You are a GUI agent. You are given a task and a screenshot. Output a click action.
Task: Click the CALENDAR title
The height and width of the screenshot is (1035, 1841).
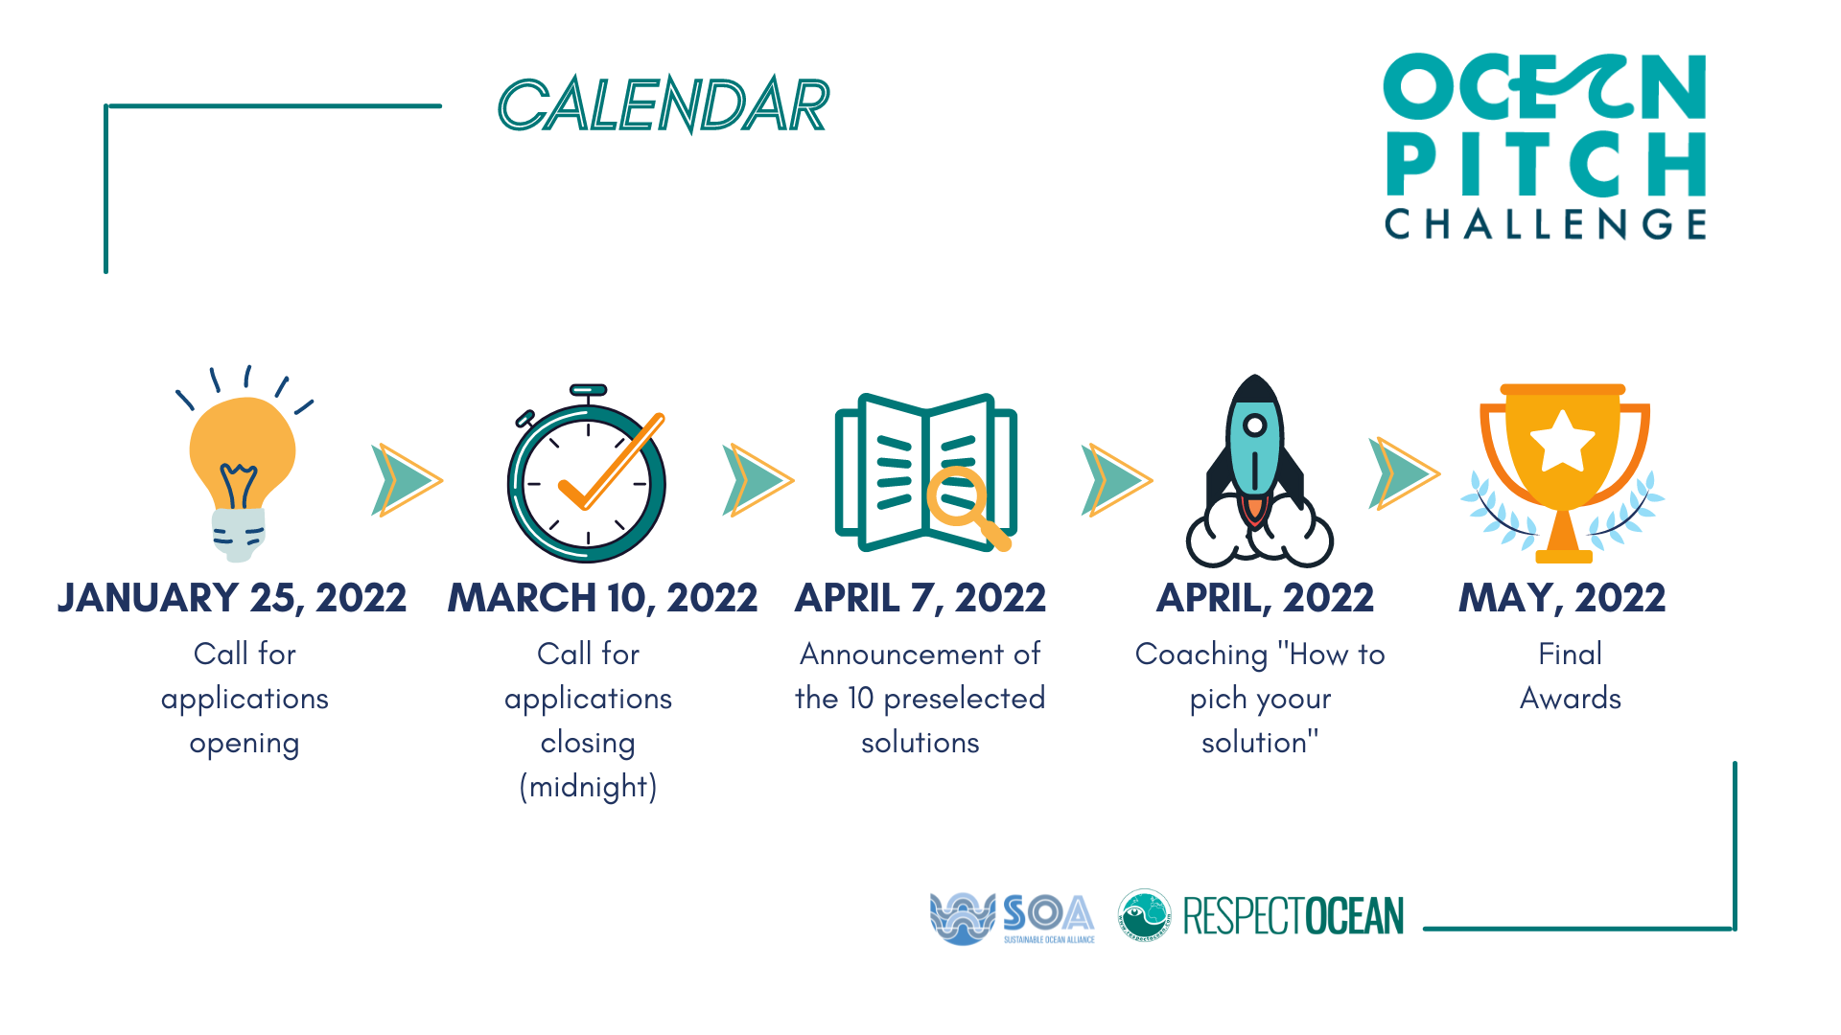coord(664,104)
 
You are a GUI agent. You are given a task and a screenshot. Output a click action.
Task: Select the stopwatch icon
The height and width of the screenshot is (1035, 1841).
coord(587,473)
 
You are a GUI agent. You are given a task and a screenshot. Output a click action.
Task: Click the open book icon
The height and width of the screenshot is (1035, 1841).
coord(925,472)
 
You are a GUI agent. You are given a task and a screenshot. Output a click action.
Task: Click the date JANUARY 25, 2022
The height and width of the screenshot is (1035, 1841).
coord(232,598)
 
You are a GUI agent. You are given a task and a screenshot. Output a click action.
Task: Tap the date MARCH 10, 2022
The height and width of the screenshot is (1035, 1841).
coord(603,598)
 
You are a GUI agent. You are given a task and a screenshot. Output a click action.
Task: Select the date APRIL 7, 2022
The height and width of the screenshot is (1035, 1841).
coord(920,598)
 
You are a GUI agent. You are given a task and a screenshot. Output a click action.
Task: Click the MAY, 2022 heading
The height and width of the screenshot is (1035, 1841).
coord(1562,598)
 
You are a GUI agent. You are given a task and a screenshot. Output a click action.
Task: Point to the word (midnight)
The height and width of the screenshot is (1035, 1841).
coord(588,787)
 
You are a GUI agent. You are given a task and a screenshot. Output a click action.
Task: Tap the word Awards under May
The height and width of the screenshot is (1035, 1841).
coord(1571,698)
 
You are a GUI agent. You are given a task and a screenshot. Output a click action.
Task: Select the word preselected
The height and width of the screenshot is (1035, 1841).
coord(964,699)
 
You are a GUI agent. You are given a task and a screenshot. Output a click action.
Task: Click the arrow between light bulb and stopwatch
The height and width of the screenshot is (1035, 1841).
coord(407,480)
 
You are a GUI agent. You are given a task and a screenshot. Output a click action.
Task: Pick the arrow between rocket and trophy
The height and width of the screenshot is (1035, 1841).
coord(1404,473)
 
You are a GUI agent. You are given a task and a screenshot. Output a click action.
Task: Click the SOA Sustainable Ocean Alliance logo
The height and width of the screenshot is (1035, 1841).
coord(1013,918)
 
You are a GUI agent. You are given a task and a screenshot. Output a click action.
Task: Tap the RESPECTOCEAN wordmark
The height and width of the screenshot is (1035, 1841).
coord(1293,916)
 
